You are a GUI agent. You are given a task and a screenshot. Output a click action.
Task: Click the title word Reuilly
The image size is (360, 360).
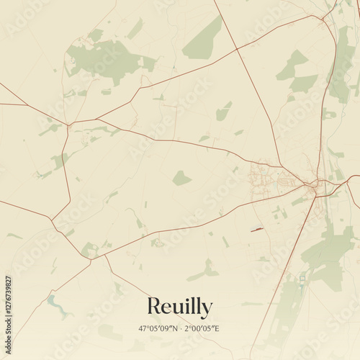(179, 307)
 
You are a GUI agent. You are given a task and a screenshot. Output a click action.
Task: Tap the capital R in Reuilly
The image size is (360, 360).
(154, 306)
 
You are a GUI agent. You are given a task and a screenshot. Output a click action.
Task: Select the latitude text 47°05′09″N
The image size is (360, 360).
(158, 328)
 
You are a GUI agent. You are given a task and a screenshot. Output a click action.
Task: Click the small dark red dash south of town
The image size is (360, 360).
(256, 230)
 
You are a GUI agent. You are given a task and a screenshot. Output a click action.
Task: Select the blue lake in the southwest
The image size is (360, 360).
(55, 302)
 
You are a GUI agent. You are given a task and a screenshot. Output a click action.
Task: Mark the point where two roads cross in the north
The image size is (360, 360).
(238, 49)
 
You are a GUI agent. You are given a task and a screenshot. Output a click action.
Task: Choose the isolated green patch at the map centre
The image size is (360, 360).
(181, 178)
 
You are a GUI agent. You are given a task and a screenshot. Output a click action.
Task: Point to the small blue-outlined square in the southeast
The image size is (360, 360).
(303, 276)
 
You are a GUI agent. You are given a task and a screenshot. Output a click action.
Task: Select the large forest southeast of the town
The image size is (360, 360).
(328, 252)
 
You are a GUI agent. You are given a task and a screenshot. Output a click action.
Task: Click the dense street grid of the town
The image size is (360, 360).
(263, 176)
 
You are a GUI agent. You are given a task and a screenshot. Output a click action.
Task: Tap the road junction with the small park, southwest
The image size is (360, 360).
(89, 250)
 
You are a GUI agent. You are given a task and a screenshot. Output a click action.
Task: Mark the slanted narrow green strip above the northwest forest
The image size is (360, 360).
(135, 29)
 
